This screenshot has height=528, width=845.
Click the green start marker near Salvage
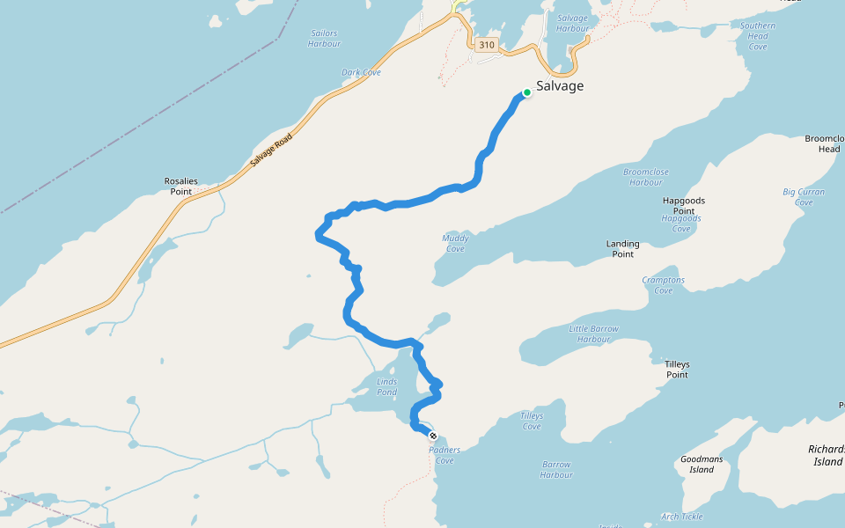pyautogui.click(x=527, y=92)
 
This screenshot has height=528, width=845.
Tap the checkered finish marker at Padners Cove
pyautogui.click(x=432, y=436)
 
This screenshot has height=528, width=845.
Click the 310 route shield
pyautogui.click(x=487, y=45)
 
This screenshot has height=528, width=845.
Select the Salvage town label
pyautogui.click(x=560, y=86)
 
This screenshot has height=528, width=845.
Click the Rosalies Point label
pyautogui.click(x=181, y=187)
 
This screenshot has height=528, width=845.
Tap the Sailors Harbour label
pyautogui.click(x=324, y=39)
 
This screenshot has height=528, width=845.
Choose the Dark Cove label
pyautogui.click(x=361, y=72)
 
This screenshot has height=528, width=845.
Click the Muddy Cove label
pyautogui.click(x=455, y=243)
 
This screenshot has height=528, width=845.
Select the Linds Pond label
pyautogui.click(x=387, y=386)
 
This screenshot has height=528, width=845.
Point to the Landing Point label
pyautogui.click(x=622, y=249)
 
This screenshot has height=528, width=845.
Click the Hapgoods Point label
pyautogui.click(x=684, y=206)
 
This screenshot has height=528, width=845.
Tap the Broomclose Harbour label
pyautogui.click(x=646, y=177)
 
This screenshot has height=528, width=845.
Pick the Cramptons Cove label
pyautogui.click(x=664, y=285)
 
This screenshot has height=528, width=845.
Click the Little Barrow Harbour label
pyautogui.click(x=593, y=334)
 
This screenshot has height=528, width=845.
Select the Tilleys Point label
pyautogui.click(x=677, y=370)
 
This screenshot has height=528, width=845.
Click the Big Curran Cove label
pyautogui.click(x=804, y=196)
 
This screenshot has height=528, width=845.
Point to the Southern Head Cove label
pyautogui.click(x=757, y=36)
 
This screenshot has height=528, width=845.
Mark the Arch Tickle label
pyautogui.click(x=681, y=517)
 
